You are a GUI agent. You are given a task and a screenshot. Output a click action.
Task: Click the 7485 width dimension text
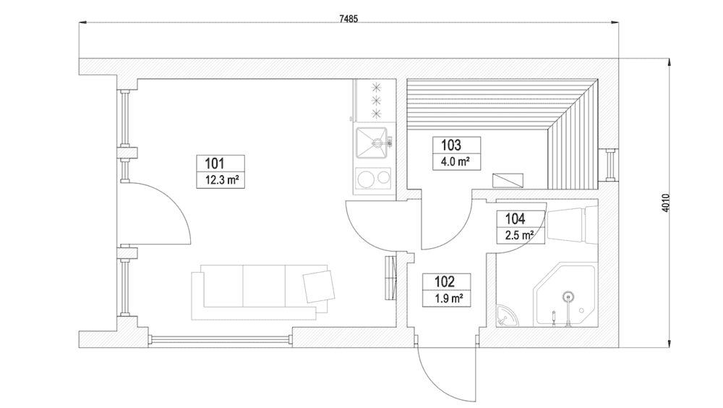click(x=348, y=19)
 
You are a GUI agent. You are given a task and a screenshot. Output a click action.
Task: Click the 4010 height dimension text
click(x=665, y=203)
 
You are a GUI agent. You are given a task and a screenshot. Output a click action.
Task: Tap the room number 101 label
click(x=215, y=163)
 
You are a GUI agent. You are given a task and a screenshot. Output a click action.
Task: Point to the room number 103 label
click(x=451, y=145)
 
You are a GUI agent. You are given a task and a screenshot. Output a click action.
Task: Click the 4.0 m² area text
click(x=455, y=162)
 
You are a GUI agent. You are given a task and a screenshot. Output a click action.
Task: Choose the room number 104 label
click(x=515, y=218)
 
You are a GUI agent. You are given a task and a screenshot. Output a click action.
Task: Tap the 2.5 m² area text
click(x=519, y=235)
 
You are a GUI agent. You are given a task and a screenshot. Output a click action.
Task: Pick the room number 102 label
click(x=445, y=281)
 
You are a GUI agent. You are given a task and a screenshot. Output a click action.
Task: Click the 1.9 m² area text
click(x=449, y=298)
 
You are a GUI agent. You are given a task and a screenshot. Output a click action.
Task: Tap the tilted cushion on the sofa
click(x=319, y=286)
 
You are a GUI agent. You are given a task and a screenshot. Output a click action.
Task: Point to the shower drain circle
click(x=569, y=296)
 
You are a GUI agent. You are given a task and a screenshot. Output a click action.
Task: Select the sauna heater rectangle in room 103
click(x=508, y=180)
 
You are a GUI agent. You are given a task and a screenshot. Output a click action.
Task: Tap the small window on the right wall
click(x=609, y=164)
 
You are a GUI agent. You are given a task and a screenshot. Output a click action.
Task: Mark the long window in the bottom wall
click(x=221, y=339)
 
